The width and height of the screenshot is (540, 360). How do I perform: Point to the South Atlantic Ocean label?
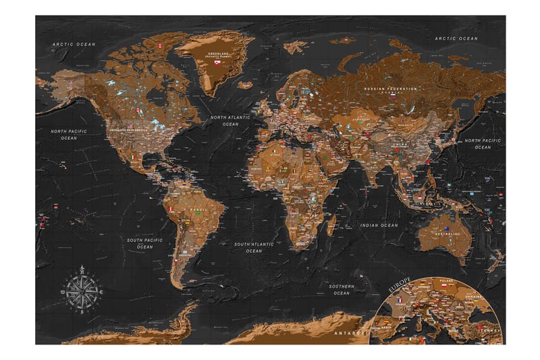click(253, 247)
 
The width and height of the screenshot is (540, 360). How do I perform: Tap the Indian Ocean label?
click(379, 225)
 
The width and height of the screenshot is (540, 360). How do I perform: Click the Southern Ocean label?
click(342, 289)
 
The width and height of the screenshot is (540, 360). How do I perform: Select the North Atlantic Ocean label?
click(230, 120)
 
